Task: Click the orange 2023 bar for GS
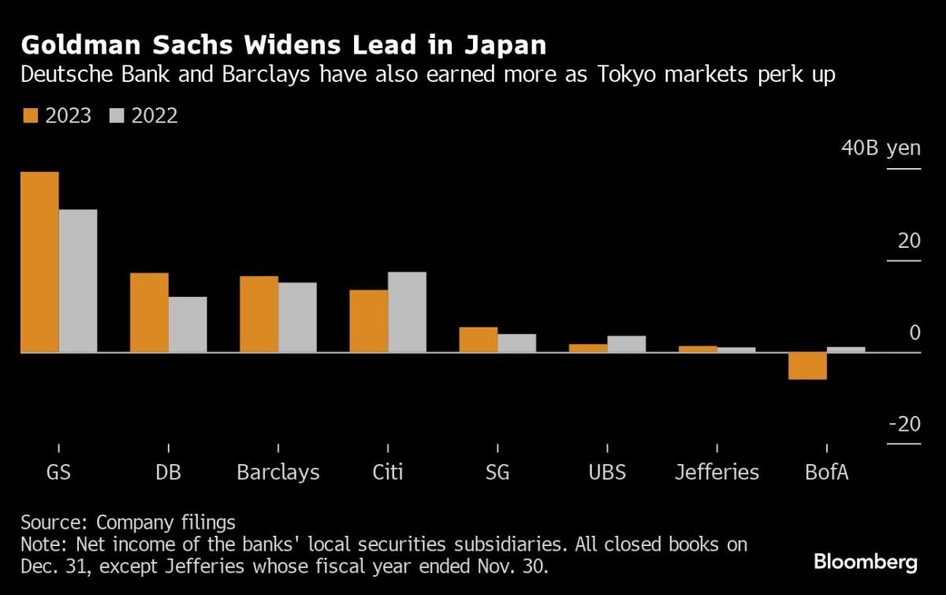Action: coord(39,262)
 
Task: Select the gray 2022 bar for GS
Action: coord(78,281)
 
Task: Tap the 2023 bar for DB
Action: coord(149,312)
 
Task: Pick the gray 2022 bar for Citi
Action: coord(407,312)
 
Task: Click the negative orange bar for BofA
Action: coord(808,366)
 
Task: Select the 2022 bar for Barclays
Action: coord(297,317)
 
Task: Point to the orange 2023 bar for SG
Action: coord(479,339)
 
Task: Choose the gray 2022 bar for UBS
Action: coord(627,344)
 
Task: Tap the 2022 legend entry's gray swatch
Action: coord(116,116)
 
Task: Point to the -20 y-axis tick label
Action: coord(904,425)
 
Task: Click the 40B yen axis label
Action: coord(881,148)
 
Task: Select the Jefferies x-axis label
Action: coord(717,473)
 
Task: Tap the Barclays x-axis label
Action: coord(278,473)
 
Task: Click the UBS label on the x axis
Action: coord(607,473)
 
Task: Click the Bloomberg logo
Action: coord(866,562)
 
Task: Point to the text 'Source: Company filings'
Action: coord(128,522)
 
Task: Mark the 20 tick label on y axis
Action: coord(909,240)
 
